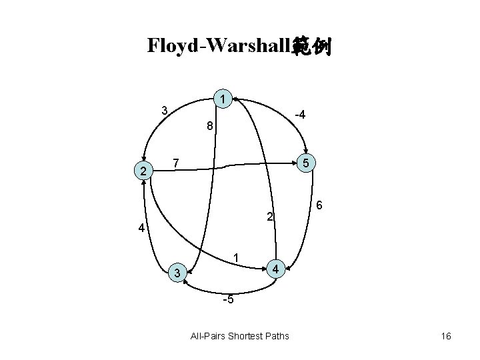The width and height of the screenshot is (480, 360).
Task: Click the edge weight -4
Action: (300, 115)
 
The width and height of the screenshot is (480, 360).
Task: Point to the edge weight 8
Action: (209, 125)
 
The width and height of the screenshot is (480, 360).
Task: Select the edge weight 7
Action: (175, 163)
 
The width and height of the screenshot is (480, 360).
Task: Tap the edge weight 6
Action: (320, 206)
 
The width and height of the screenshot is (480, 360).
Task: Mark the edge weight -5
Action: (228, 299)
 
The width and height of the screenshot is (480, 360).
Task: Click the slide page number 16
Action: (446, 335)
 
